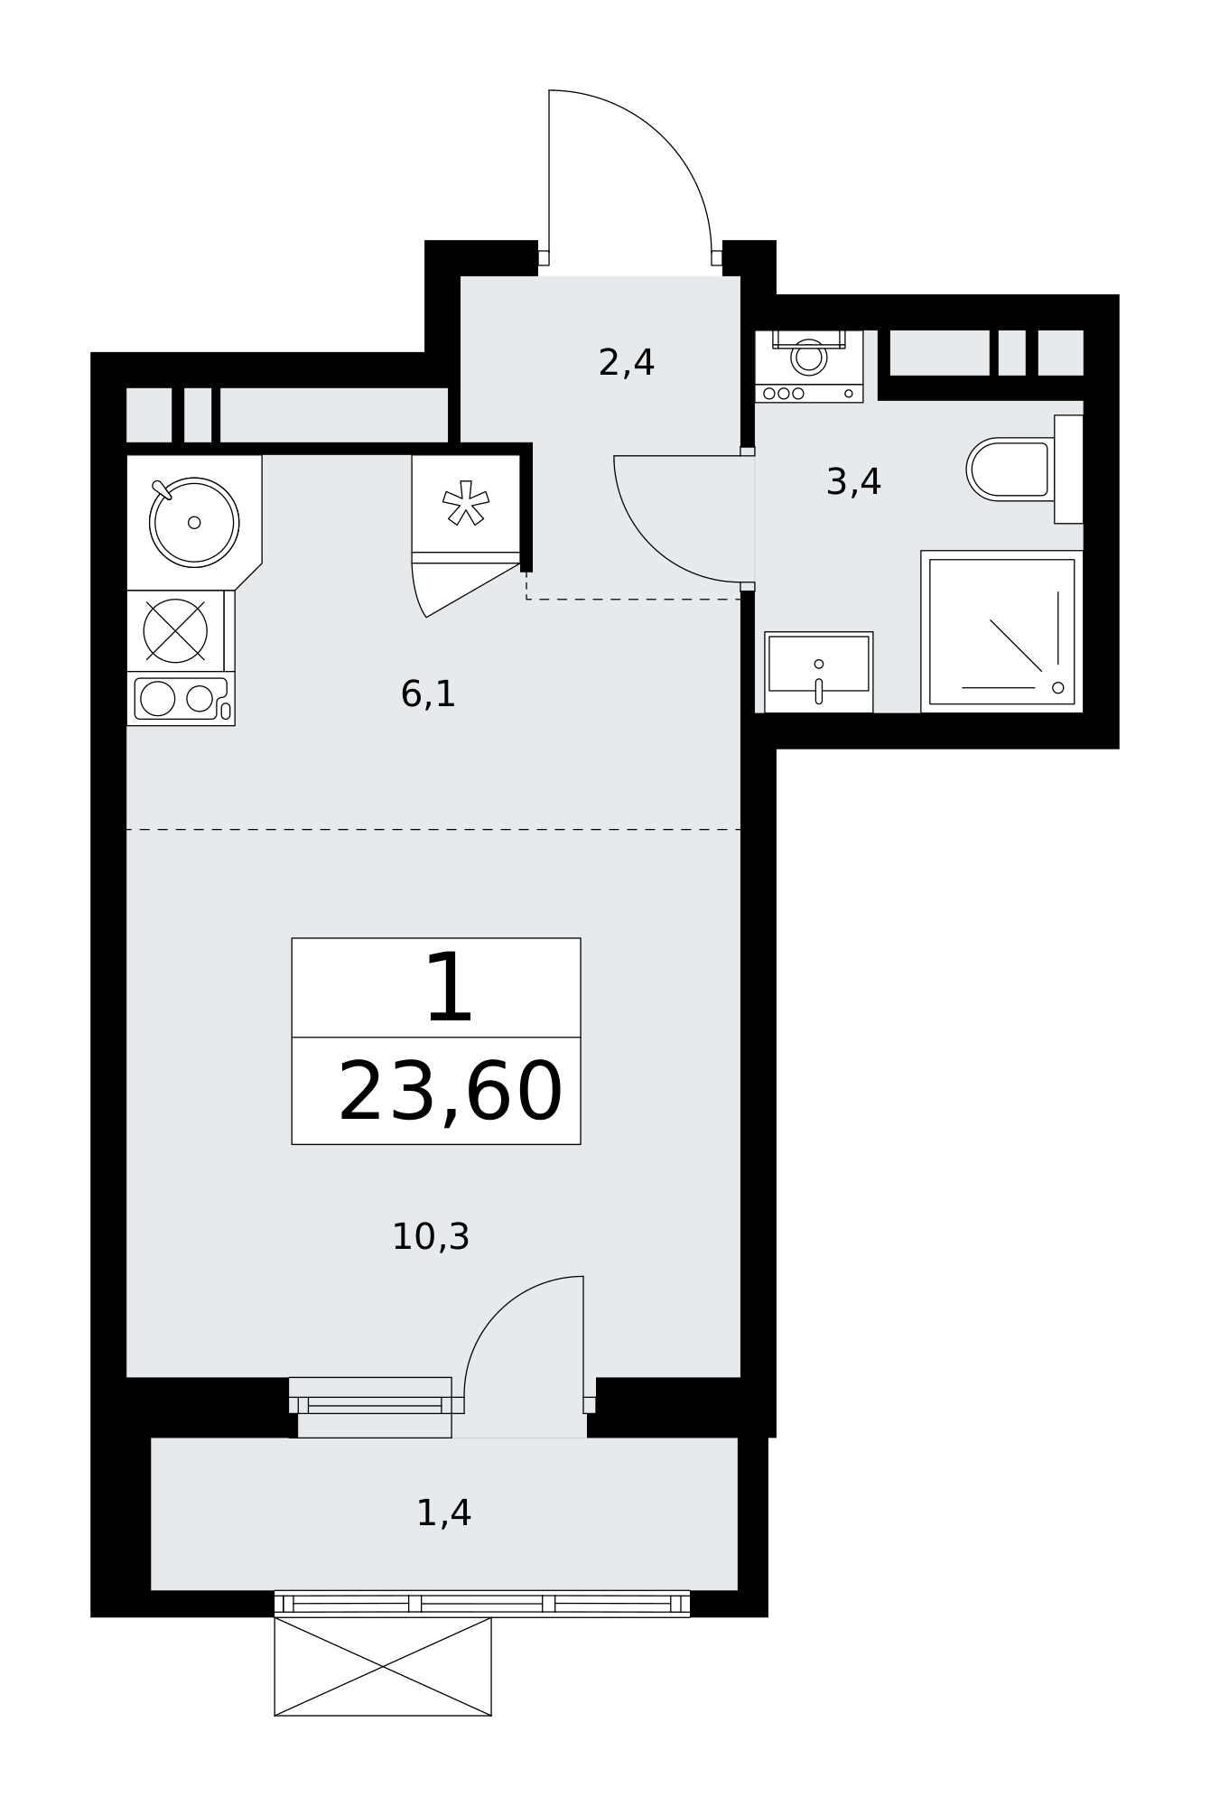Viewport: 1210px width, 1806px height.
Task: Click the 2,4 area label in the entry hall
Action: click(x=626, y=363)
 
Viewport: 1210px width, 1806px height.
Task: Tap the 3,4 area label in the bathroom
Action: click(x=853, y=482)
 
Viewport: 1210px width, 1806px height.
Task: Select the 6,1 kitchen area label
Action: click(x=428, y=694)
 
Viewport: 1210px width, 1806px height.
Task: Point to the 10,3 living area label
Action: click(x=431, y=1237)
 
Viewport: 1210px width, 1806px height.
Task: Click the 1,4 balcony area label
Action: click(x=443, y=1513)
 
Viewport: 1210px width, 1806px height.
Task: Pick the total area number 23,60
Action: click(x=450, y=1092)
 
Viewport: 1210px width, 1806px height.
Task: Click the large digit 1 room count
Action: click(x=449, y=989)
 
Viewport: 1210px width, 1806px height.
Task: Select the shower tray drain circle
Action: click(x=1058, y=688)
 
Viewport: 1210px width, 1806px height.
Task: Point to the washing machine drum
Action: click(x=809, y=358)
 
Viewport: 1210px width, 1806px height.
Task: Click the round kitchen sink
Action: click(x=194, y=522)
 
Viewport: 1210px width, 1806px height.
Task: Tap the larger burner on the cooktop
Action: click(x=158, y=699)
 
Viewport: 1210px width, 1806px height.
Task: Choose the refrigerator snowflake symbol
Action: click(x=466, y=503)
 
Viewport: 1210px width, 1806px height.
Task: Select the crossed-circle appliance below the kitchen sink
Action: click(x=175, y=630)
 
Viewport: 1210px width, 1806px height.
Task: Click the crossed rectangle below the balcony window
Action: click(x=383, y=1666)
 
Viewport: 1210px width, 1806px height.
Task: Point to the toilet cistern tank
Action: click(x=1069, y=469)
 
